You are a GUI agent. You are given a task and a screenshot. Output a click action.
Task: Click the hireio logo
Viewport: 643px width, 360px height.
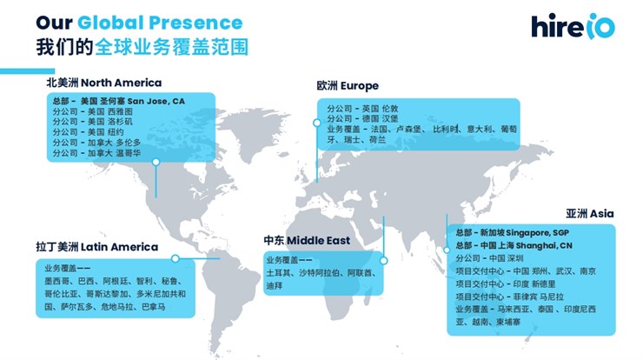coord(573,26)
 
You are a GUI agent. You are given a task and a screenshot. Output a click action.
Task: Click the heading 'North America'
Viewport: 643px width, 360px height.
coord(121,83)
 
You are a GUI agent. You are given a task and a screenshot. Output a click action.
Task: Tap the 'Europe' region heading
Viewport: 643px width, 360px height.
coord(359,86)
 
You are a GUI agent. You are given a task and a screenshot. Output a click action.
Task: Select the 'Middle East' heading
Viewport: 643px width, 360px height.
coord(318,241)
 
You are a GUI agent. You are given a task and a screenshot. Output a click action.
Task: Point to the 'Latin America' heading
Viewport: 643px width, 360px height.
coord(119,247)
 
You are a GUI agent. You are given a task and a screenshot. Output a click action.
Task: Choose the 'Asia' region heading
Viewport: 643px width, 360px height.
coord(601,213)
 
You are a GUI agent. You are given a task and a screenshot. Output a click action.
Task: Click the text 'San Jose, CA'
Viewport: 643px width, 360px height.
coord(156,102)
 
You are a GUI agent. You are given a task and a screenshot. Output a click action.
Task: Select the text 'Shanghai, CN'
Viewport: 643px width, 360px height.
coord(544,245)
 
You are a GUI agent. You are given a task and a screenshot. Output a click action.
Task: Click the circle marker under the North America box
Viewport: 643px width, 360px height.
coord(156,162)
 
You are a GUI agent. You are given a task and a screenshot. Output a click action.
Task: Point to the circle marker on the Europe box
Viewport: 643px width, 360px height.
coord(316,123)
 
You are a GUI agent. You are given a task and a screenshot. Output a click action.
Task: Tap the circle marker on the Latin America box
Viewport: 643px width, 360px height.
coord(176,258)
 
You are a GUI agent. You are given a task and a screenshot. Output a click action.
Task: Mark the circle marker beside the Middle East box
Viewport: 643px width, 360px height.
coord(384,261)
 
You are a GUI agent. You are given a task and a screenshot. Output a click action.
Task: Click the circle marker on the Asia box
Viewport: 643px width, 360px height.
coord(447,250)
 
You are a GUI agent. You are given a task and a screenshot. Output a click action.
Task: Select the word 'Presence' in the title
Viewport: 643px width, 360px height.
coord(196,23)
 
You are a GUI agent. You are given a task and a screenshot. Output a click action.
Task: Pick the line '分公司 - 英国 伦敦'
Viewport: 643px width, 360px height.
coord(362,109)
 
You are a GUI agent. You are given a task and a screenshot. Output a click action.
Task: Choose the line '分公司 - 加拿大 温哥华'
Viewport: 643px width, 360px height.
coord(96,153)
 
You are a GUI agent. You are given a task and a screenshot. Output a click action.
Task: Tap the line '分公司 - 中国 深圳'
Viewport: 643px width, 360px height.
coord(489,258)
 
